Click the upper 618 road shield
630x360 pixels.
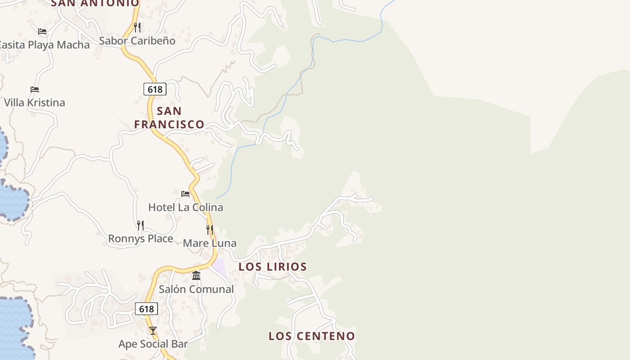[x=155, y=89]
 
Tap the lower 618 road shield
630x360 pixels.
[x=146, y=309]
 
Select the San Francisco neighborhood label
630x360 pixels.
[x=169, y=117]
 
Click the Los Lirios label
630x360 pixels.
[x=273, y=266]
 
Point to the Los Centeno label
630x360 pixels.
[x=312, y=336]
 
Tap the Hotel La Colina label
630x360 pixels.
[x=186, y=207]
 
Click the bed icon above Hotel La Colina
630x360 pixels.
[x=185, y=194]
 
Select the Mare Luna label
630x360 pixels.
[x=209, y=243]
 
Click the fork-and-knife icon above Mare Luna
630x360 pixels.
[x=210, y=229]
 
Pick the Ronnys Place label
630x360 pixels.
[x=140, y=238]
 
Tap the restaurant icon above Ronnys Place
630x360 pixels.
[x=140, y=225]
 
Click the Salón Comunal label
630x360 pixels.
[x=196, y=289]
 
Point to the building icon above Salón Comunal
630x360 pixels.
[x=196, y=275]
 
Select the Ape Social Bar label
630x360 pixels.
[x=153, y=344]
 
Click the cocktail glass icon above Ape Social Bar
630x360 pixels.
[x=153, y=331]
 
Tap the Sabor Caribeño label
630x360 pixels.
[x=137, y=40]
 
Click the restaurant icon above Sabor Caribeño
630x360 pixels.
[x=137, y=27]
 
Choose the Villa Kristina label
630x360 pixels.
[x=35, y=103]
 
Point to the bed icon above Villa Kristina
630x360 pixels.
[x=35, y=89]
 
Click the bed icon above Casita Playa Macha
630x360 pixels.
[x=42, y=31]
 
